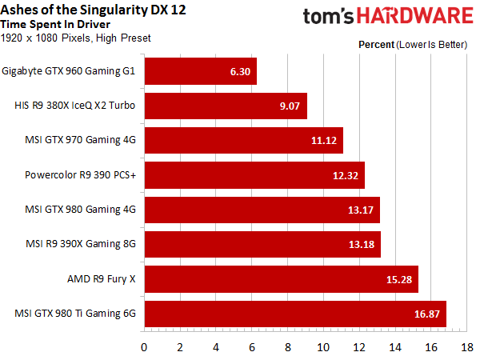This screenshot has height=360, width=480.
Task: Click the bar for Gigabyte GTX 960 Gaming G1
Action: [201, 71]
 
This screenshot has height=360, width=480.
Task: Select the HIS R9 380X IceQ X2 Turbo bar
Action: [226, 106]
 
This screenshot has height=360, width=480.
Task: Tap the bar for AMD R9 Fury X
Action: [282, 279]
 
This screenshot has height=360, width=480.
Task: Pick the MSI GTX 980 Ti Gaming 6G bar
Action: [295, 314]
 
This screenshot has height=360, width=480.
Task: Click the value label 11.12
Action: [324, 141]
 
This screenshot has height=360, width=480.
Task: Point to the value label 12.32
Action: [346, 175]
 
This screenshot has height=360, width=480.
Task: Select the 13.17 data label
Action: [361, 210]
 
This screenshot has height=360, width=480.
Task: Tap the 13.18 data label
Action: [362, 244]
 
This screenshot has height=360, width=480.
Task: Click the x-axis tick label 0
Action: [144, 347]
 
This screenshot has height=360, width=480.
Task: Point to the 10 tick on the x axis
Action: [323, 347]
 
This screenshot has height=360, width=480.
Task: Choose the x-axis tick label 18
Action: [467, 347]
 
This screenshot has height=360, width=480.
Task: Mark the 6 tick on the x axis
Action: [252, 347]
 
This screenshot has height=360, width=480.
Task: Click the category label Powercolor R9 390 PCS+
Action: [80, 174]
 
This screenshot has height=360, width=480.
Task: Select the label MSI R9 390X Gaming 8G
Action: [81, 244]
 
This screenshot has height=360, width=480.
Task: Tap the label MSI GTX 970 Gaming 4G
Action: [80, 140]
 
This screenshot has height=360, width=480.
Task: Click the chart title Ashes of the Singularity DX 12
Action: [93, 10]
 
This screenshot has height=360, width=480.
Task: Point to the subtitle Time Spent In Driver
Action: [55, 25]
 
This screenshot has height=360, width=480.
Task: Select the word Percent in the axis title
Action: [377, 45]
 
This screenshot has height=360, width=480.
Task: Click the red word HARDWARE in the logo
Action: [415, 16]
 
